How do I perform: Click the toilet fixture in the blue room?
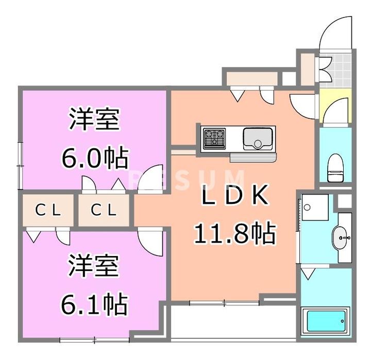point(335,168)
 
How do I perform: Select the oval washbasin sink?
point(342,237)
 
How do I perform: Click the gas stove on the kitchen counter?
point(214,139)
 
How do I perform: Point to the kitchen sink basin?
point(258,139)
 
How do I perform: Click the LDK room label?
point(235,198)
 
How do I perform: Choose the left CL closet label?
point(48,210)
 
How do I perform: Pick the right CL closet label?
point(104,210)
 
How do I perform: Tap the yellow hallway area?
point(335,106)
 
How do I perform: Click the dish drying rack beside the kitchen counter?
point(253,158)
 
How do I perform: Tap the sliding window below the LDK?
point(224,302)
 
